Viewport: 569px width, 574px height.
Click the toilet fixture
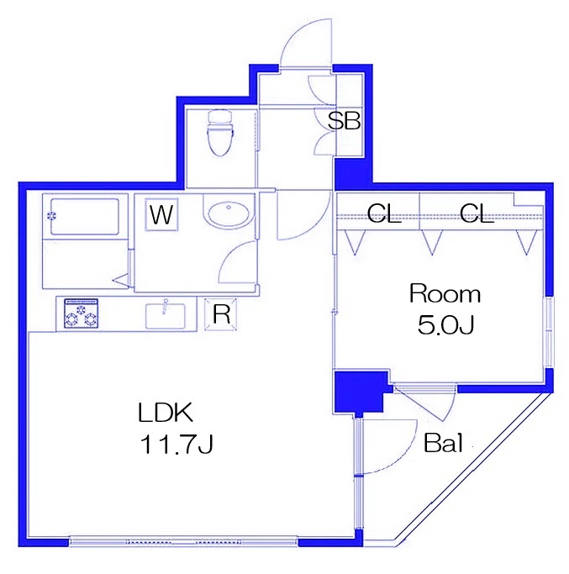(219, 133)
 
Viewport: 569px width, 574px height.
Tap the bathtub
(85, 217)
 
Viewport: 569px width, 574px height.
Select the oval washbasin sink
(229, 213)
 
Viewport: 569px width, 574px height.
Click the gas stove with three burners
(81, 313)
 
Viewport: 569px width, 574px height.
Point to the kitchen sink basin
(165, 316)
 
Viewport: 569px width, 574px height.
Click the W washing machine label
(161, 215)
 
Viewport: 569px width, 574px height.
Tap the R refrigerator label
(222, 313)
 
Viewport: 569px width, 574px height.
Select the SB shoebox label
(344, 121)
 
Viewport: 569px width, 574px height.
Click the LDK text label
(166, 413)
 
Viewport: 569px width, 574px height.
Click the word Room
(445, 294)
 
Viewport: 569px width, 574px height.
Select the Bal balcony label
(444, 443)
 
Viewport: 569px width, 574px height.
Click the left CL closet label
(384, 213)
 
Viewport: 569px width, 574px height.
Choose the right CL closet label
(477, 213)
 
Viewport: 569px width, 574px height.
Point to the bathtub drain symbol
(51, 216)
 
